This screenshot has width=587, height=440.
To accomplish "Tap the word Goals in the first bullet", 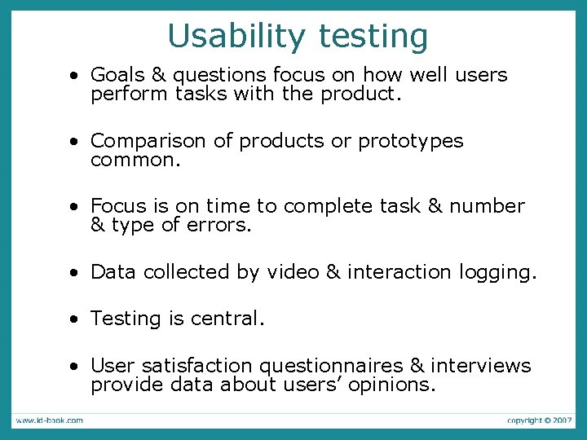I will tap(117, 75).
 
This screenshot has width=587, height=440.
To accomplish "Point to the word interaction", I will tap(397, 272).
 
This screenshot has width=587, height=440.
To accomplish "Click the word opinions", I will tap(391, 385).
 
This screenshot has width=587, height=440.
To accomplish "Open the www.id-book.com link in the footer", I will tap(48, 420).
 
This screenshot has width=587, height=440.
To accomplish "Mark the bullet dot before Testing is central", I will tap(74, 319).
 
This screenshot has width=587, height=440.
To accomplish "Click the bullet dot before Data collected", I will tap(74, 273).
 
